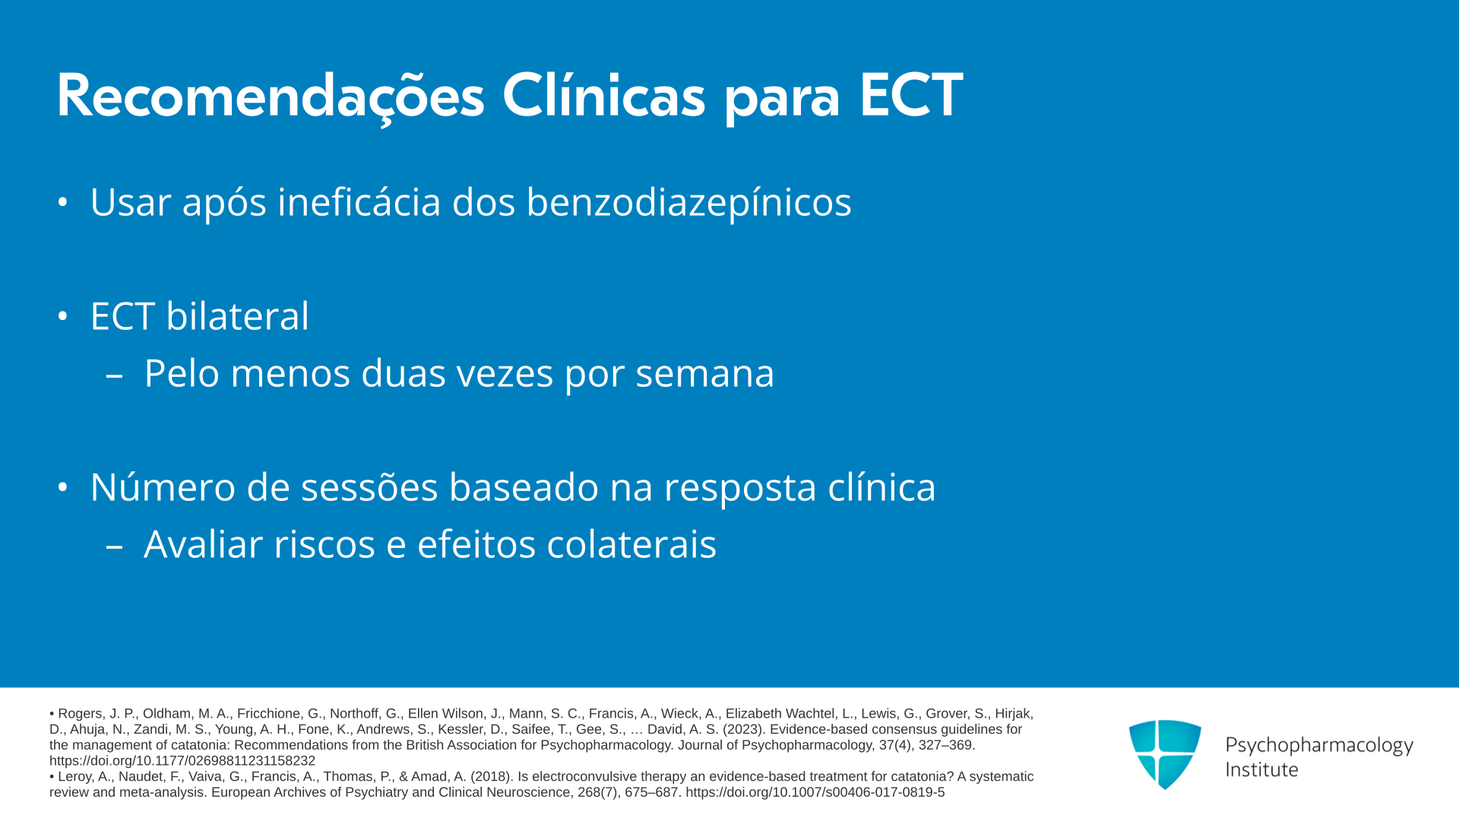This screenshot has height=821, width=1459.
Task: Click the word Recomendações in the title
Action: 271,97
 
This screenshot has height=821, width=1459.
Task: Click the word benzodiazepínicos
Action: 688,203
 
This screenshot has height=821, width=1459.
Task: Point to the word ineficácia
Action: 359,201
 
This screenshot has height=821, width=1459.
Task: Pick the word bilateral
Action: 238,315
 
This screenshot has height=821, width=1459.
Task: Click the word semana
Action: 705,374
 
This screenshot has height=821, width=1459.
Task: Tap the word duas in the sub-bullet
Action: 403,372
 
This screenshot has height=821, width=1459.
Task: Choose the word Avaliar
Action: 203,544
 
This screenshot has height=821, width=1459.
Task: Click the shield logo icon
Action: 1165,754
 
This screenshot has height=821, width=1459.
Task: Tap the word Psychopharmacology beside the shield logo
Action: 1319,746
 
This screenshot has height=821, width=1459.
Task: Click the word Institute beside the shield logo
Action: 1261,770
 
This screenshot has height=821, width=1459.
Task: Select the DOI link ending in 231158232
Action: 182,761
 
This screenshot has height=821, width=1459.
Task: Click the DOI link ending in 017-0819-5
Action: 815,792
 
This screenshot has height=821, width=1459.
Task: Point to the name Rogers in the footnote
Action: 81,714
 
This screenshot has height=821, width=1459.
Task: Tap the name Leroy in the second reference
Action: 76,777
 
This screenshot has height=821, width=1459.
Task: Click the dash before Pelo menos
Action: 115,375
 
